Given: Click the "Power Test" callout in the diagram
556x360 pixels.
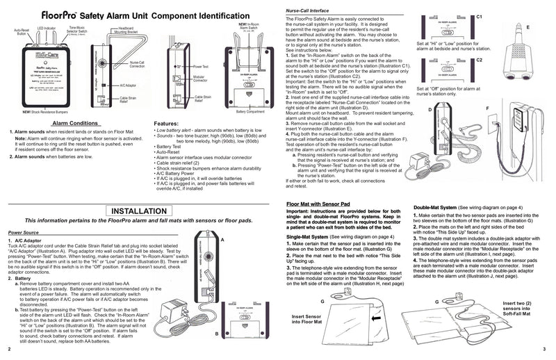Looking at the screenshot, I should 203,69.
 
